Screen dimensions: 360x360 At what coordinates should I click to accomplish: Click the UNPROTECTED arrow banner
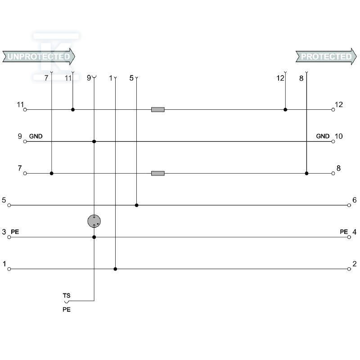[39, 57]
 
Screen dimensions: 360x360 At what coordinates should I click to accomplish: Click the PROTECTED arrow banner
[326, 57]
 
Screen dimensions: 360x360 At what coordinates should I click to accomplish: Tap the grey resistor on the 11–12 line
[158, 109]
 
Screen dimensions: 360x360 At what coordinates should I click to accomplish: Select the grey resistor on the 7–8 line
[158, 173]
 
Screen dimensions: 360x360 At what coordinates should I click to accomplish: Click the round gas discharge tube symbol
[94, 221]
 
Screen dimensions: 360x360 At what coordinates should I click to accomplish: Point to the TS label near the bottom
[67, 296]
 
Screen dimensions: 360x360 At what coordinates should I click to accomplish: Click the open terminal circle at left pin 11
[25, 110]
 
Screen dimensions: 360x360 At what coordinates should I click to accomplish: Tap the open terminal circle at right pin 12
[333, 110]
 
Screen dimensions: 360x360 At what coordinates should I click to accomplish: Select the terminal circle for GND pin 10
[333, 141]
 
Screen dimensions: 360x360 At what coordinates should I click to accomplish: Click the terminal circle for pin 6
[349, 205]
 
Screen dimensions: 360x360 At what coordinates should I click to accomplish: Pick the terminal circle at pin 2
[349, 269]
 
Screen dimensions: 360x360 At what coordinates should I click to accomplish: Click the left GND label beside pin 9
[36, 136]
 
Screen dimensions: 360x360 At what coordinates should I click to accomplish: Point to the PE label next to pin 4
[344, 232]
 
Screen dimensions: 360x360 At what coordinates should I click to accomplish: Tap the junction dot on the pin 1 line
[115, 269]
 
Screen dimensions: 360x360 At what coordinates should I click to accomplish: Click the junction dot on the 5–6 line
[137, 205]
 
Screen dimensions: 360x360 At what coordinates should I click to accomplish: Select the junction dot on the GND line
[94, 141]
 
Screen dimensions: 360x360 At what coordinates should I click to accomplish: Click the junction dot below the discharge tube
[94, 237]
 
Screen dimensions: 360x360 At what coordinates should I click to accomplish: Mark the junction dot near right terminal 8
[306, 173]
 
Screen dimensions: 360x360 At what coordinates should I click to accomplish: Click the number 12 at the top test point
[280, 78]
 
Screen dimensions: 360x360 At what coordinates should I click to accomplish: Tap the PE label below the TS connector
[67, 310]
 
